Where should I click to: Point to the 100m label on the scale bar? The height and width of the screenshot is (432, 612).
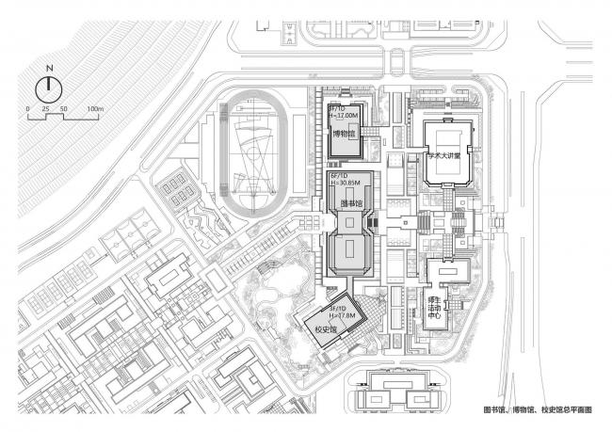94,109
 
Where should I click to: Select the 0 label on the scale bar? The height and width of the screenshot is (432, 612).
28,109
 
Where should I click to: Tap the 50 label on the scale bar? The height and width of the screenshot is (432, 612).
63,109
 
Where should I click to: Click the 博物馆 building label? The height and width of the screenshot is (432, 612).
344,135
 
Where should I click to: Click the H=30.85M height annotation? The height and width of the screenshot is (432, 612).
344,184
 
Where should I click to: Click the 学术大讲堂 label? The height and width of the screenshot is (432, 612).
444,157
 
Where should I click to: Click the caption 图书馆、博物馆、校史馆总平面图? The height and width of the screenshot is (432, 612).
540,411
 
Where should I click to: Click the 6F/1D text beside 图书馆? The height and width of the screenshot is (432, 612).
338,176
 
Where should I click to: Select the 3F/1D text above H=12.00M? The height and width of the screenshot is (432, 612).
336,109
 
